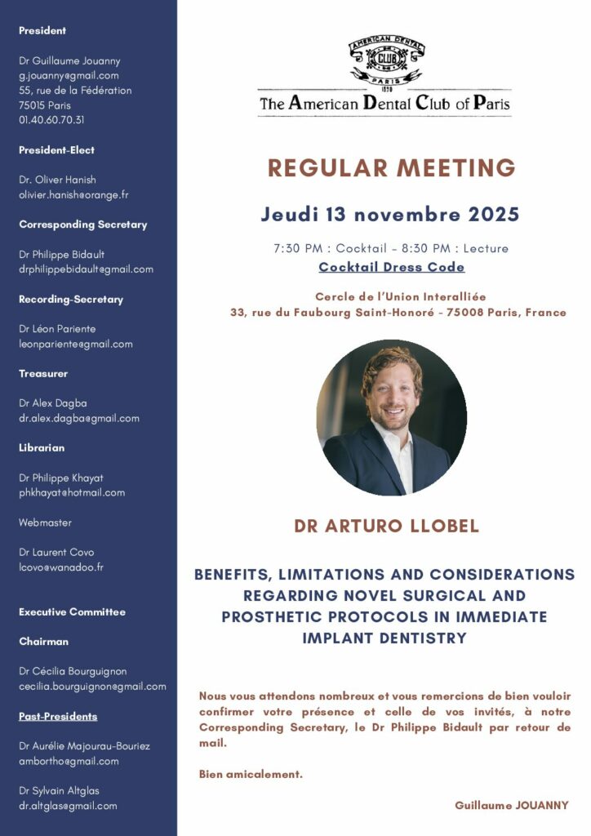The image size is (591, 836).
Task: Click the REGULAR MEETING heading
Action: point(392,168)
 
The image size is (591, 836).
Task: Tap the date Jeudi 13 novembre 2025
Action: point(390,215)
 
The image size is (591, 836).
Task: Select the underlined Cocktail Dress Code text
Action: point(391,267)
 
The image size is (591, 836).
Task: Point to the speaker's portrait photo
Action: point(392,417)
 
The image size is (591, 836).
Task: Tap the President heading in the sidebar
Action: point(42,31)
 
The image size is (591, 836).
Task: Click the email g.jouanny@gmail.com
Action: point(69,76)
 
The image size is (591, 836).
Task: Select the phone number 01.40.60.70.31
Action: point(51,120)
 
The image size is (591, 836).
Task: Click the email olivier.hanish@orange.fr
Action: point(73,195)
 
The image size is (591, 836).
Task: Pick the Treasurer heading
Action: point(43,374)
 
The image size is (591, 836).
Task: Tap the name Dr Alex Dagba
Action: point(53,403)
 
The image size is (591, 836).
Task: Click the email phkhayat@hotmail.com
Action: point(72,493)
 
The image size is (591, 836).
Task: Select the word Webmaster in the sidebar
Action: point(46,522)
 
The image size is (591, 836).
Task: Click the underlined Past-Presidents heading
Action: point(58,717)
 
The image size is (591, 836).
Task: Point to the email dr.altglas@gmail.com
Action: point(68,806)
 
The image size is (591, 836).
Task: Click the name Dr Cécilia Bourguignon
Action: point(73,672)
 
